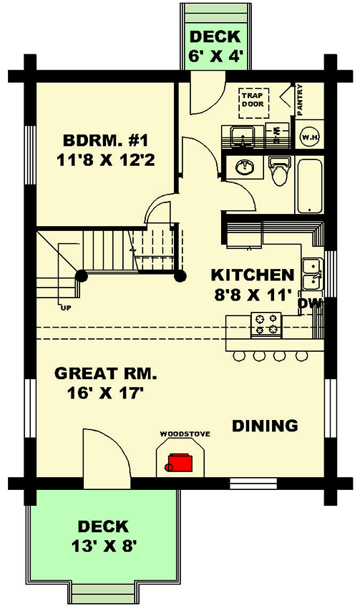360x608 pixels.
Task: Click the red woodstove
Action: [178, 463]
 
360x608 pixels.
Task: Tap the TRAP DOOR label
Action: [252, 99]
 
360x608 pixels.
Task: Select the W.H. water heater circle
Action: [309, 137]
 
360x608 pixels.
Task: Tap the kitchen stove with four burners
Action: [265, 325]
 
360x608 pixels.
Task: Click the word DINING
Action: [265, 426]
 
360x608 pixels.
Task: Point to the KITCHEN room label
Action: [252, 275]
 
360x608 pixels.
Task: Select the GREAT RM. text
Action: [105, 373]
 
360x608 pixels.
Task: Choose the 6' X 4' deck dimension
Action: [215, 57]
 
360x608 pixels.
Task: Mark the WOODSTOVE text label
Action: [178, 433]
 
